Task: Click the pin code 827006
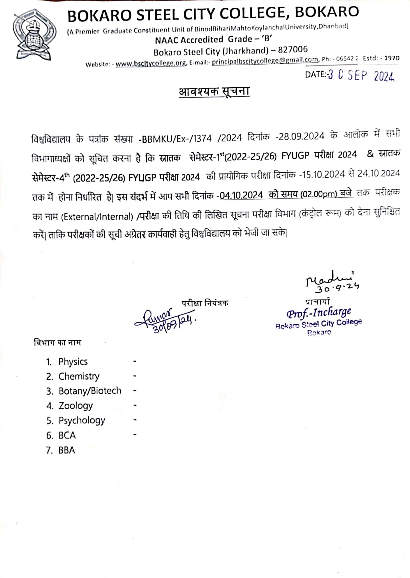pyautogui.click(x=293, y=50)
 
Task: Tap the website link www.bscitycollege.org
pyautogui.click(x=151, y=63)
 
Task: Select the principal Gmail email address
pyautogui.click(x=265, y=61)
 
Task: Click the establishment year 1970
pyautogui.click(x=392, y=58)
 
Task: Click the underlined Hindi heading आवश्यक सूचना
pyautogui.click(x=214, y=92)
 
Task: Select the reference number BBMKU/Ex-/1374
pyautogui.click(x=177, y=138)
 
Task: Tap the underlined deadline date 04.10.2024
pyautogui.click(x=241, y=195)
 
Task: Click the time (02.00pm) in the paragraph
pyautogui.click(x=318, y=194)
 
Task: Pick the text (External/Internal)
pyautogui.click(x=97, y=217)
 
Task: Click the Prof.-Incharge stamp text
pyautogui.click(x=319, y=313)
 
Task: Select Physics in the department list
pyautogui.click(x=73, y=362)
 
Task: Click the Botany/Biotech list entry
pyautogui.click(x=90, y=391)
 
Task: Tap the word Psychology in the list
pyautogui.click(x=82, y=421)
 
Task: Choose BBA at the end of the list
pyautogui.click(x=67, y=450)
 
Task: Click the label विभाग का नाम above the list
pyautogui.click(x=58, y=343)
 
